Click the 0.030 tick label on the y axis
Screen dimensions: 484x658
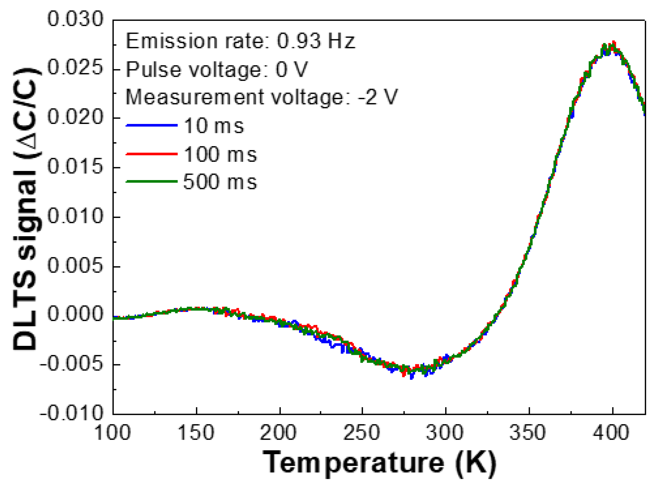point(75,20)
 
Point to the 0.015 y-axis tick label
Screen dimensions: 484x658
point(75,167)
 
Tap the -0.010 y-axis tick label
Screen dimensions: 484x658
point(72,414)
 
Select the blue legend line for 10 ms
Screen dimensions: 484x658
point(152,125)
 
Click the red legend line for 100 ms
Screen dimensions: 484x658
point(152,154)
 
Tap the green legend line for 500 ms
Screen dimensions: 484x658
point(152,181)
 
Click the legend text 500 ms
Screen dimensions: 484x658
point(220,182)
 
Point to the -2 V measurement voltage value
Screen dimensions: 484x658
point(378,97)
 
